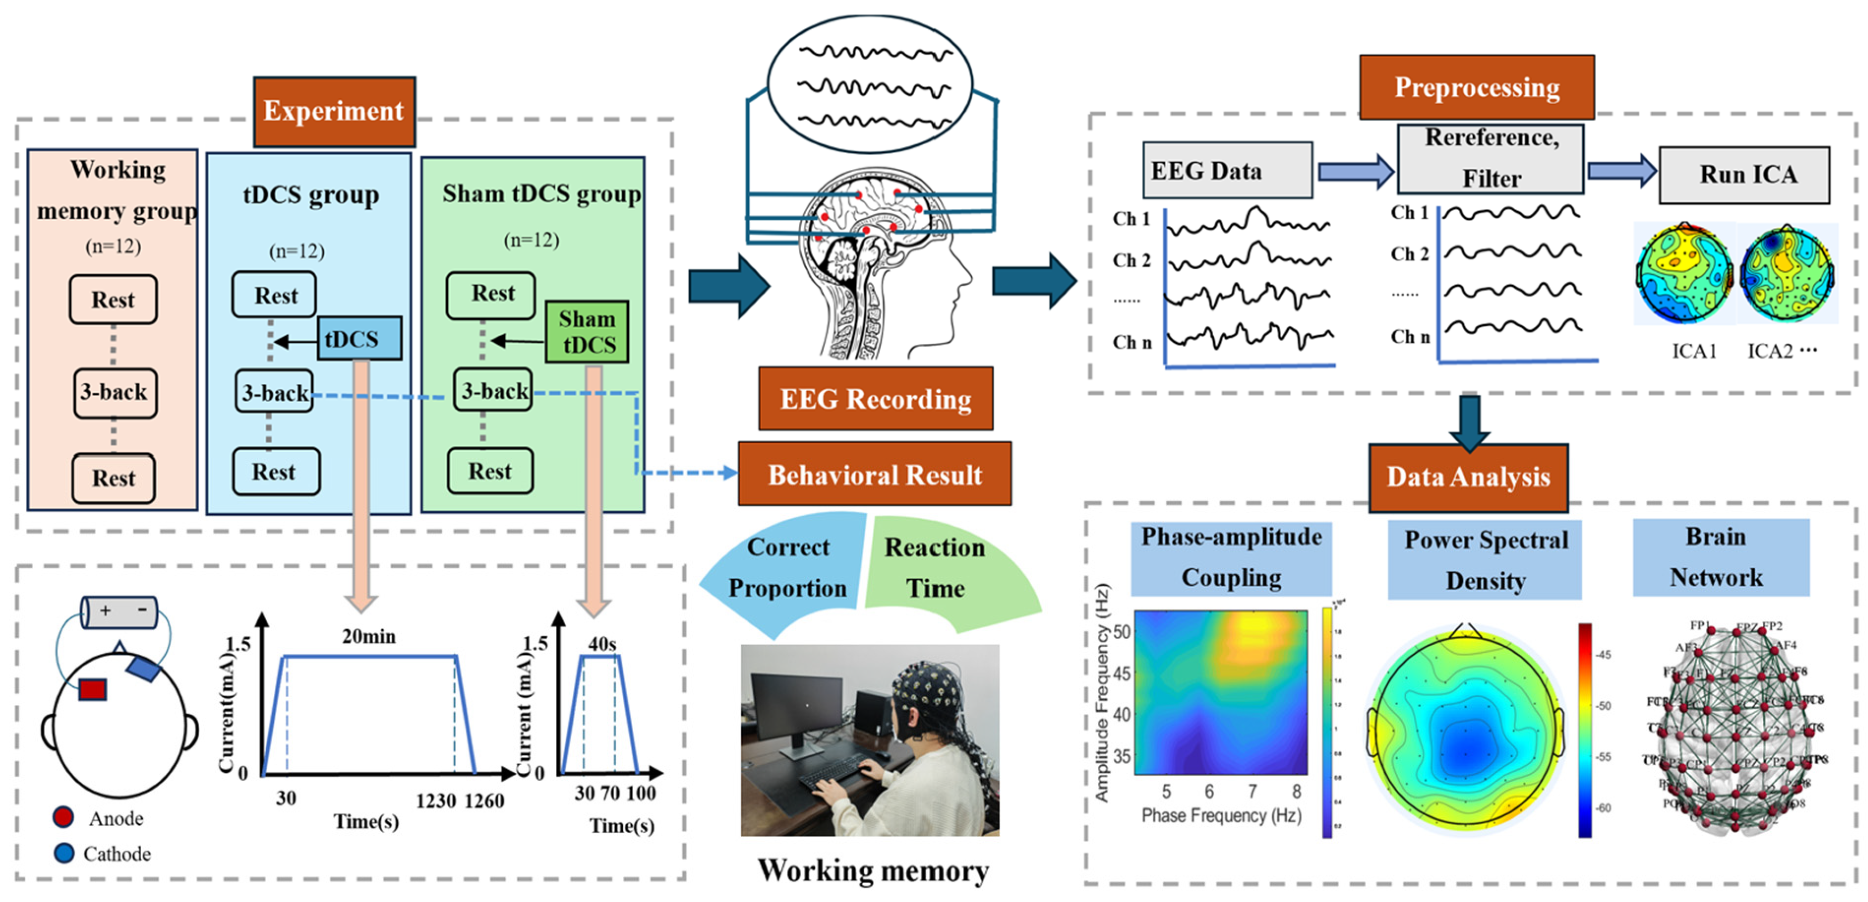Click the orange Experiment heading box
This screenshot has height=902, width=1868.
click(x=333, y=111)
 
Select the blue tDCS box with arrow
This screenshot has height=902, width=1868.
click(x=359, y=338)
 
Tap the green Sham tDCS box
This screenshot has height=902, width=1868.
click(x=586, y=331)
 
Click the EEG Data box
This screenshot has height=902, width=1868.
click(x=1227, y=170)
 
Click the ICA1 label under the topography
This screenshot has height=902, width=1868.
click(x=1693, y=351)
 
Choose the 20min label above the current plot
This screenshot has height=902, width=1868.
click(x=368, y=636)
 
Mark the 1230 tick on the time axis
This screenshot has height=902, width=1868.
click(x=435, y=801)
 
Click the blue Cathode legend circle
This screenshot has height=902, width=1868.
click(x=64, y=853)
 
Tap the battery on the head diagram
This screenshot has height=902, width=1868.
click(x=119, y=611)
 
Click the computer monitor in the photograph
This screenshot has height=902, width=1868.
click(x=794, y=707)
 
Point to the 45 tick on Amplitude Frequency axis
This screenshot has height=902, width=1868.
click(x=1121, y=674)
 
